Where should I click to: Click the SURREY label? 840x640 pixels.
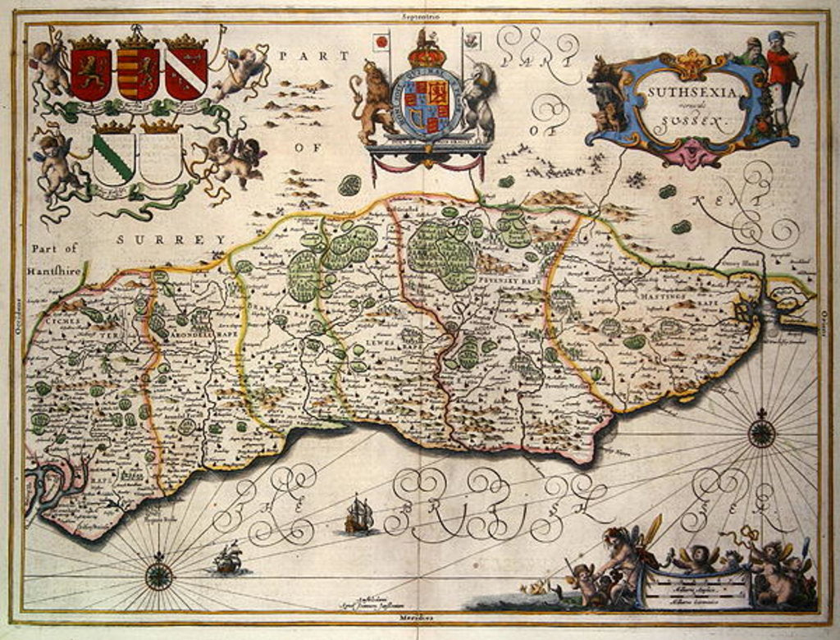(171, 239)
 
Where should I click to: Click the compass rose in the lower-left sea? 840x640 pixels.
(158, 575)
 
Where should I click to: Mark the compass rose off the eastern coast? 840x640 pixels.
(761, 432)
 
